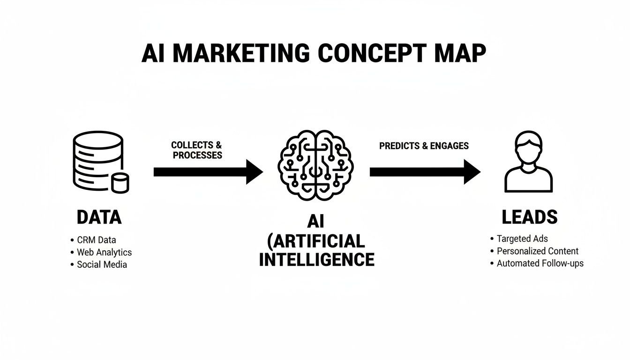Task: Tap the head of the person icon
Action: tap(528, 146)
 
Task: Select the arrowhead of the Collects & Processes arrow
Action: tap(254, 172)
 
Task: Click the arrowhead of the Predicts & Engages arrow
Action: tap(472, 172)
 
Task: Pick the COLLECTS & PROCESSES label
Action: tap(197, 150)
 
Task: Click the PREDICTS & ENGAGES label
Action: tap(424, 146)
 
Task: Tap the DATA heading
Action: tap(99, 217)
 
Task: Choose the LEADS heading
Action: tap(530, 217)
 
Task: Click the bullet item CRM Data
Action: tap(96, 240)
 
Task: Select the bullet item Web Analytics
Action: tap(104, 252)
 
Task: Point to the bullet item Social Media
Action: tap(102, 264)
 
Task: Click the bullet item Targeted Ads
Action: tap(522, 239)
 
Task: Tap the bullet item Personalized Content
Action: tap(537, 251)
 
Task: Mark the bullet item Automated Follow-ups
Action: tap(540, 263)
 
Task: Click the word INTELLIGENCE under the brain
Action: tap(317, 259)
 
